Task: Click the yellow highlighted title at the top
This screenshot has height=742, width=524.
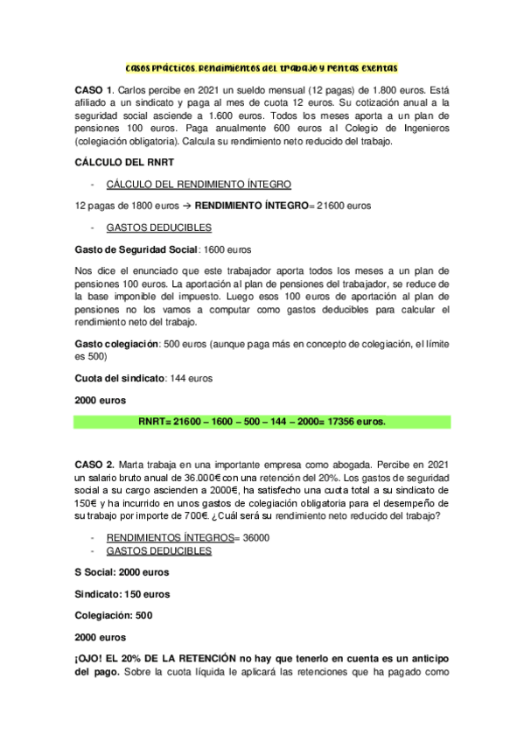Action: click(262, 66)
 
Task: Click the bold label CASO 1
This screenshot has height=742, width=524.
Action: click(93, 92)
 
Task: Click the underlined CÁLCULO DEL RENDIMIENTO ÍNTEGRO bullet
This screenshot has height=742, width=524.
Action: click(199, 184)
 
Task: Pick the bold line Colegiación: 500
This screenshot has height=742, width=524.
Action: click(114, 615)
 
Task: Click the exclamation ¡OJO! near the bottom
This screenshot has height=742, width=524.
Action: click(93, 658)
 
